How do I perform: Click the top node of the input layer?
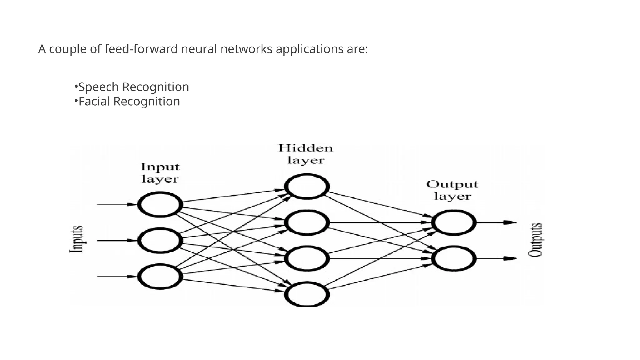tap(160, 205)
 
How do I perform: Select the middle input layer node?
tap(160, 241)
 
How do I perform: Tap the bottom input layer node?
tap(160, 277)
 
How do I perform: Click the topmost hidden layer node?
tap(307, 187)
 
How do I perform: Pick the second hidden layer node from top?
tap(307, 223)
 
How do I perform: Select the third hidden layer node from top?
tap(307, 258)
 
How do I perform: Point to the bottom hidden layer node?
tap(307, 294)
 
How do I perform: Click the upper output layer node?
tap(454, 222)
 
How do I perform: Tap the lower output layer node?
tap(454, 258)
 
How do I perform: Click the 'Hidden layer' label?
tap(306, 154)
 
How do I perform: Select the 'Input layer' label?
tap(160, 173)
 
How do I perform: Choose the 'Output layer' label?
tap(452, 190)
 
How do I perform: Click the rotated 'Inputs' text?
tap(77, 239)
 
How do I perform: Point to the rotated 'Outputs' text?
tap(535, 240)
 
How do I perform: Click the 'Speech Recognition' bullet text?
tap(133, 87)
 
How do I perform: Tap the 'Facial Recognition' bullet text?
tap(129, 101)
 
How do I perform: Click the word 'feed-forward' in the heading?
tap(141, 49)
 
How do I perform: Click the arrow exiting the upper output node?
tap(497, 222)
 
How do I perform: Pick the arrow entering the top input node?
tap(117, 204)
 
